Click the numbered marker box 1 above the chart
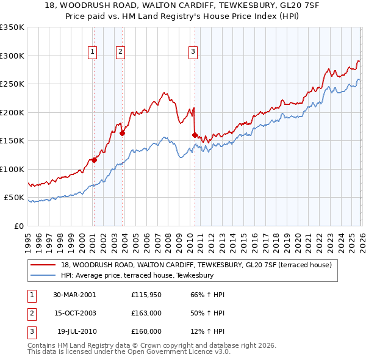[93, 52]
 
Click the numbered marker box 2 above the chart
[121, 52]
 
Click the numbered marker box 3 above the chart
[193, 52]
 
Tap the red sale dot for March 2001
[94, 160]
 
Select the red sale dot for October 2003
[122, 133]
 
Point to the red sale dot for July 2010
[195, 135]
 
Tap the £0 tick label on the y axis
[17, 226]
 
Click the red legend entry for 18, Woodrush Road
[196, 265]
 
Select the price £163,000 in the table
[146, 313]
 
